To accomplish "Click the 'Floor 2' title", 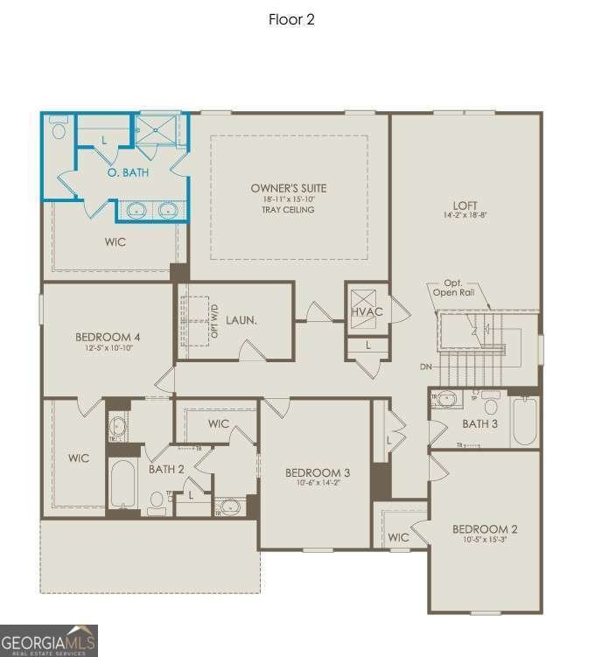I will [291, 19].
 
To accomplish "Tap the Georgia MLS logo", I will [49, 640].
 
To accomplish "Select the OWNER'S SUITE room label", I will [288, 188].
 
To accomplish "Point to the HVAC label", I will [367, 312].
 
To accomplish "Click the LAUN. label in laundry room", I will [241, 320].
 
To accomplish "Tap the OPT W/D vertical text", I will [214, 321].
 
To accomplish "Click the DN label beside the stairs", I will [426, 367].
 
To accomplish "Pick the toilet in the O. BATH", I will [59, 131].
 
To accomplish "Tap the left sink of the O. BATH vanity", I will [136, 210].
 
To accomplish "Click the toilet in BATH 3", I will [491, 406].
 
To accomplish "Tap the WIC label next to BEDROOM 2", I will [398, 537].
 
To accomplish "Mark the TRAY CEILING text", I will [288, 210].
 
